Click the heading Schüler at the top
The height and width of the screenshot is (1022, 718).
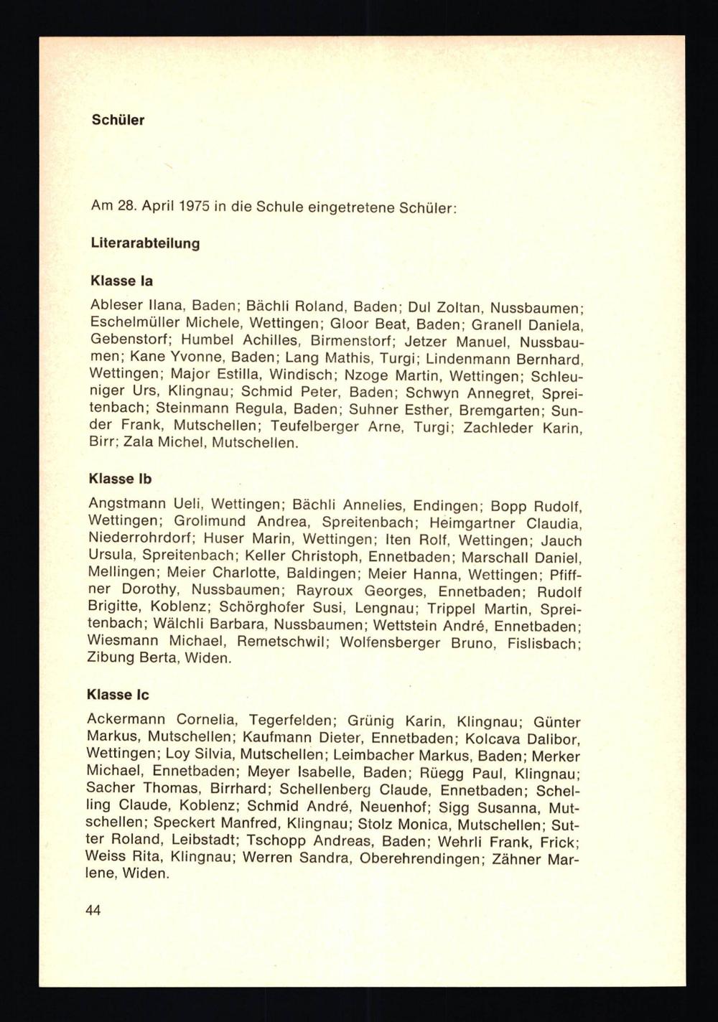[118, 120]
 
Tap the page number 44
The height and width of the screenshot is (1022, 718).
[93, 910]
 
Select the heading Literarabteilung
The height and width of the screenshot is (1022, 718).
[145, 243]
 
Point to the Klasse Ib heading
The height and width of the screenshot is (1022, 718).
[120, 478]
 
